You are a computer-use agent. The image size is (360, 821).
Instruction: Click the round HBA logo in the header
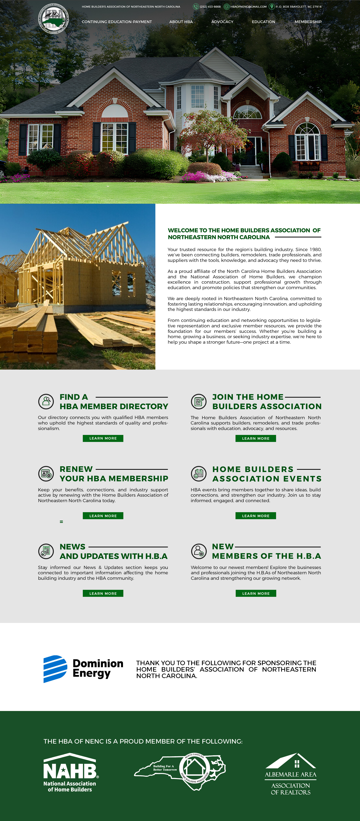pos(53,19)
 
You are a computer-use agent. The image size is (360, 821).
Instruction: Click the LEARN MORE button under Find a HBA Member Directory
pos(103,438)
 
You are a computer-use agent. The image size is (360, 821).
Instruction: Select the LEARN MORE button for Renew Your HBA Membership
pos(103,516)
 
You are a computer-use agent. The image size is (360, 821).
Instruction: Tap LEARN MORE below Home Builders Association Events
pos(256,516)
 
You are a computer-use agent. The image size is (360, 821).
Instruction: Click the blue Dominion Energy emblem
pos(55,669)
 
